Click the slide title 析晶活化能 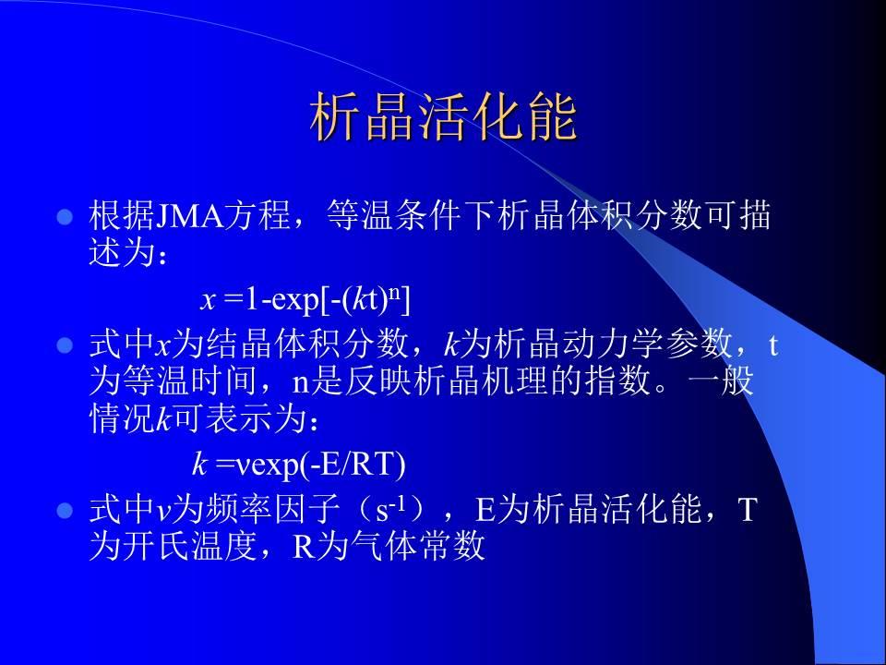(x=444, y=117)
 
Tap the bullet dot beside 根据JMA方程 (x=66, y=216)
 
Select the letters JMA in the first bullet (x=189, y=215)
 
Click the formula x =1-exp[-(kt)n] (x=305, y=299)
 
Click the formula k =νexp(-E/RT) (x=298, y=465)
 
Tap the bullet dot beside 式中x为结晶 (x=66, y=345)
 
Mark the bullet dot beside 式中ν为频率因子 (x=66, y=511)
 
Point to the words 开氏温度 (x=191, y=546)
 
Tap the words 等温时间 (x=191, y=381)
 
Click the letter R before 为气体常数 (x=304, y=547)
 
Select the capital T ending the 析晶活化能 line (x=747, y=510)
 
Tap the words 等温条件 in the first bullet (x=394, y=215)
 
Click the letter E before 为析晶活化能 (x=485, y=510)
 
